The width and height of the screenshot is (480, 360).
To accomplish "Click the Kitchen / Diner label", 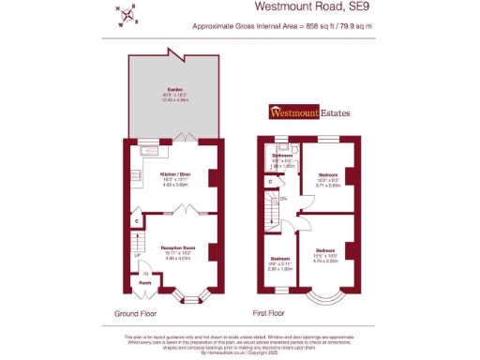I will pyautogui.click(x=177, y=176).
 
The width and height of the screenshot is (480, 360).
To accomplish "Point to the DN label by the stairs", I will pyautogui.click(x=282, y=198).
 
